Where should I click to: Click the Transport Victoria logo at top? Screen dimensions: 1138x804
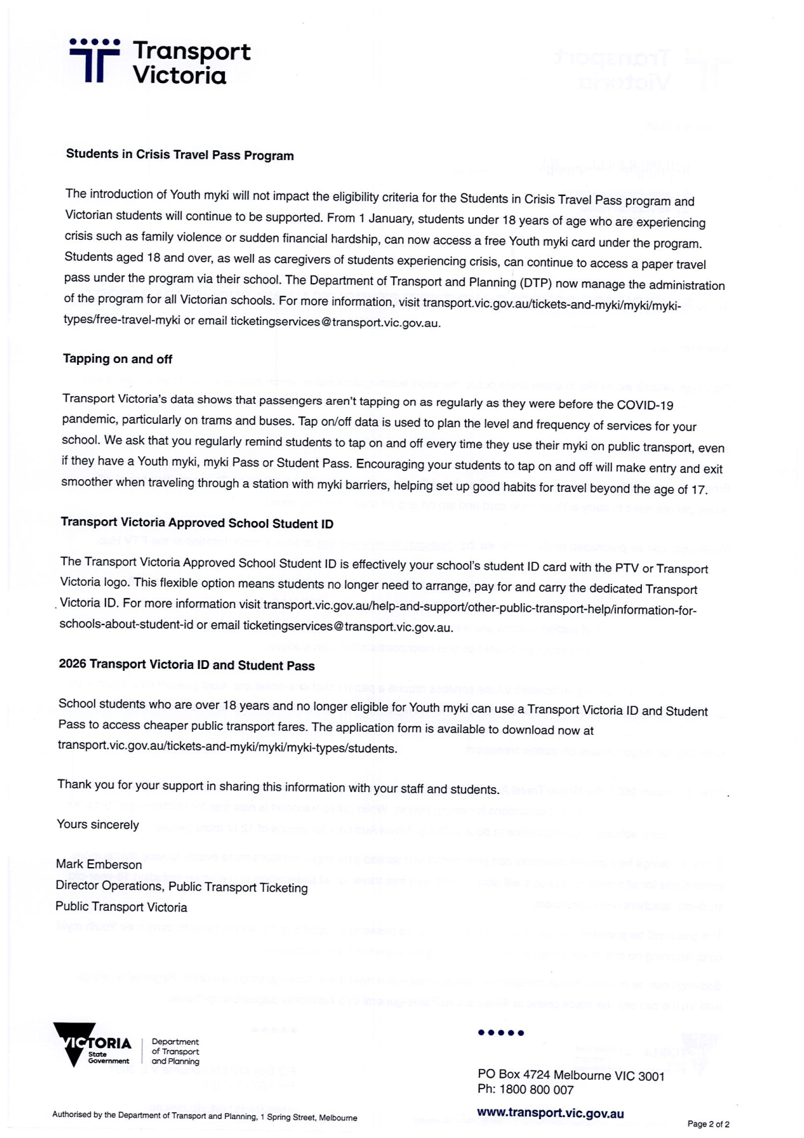point(159,61)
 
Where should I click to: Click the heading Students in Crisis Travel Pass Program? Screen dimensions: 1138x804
point(180,155)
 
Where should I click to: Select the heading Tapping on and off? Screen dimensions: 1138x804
point(118,359)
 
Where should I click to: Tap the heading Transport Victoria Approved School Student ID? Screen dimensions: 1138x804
point(197,523)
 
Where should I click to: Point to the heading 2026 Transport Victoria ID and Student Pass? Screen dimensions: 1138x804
point(186,665)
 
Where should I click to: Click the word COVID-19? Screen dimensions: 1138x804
point(645,405)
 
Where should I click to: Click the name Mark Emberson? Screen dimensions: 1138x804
point(99,864)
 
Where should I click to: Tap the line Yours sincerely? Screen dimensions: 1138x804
point(98,824)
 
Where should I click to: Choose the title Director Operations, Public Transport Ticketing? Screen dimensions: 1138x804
point(181,887)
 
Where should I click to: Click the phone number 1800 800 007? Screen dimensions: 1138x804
point(536,1089)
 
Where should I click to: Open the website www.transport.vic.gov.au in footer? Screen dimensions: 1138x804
point(550,1113)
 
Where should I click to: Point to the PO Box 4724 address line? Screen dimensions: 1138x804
point(570,1075)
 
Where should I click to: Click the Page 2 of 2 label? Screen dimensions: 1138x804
point(708,1124)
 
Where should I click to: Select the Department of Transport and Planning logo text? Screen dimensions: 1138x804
point(175,1052)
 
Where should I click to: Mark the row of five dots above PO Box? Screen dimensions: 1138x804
point(501,1033)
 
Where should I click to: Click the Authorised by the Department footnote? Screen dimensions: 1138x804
point(204,1117)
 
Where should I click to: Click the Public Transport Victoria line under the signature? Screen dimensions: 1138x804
point(121,907)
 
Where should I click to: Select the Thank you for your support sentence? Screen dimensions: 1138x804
point(278,787)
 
